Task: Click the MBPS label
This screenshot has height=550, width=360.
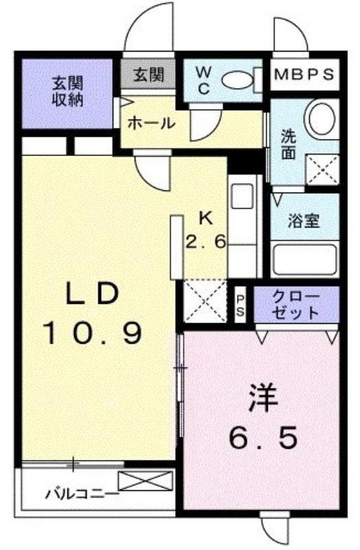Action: (304, 74)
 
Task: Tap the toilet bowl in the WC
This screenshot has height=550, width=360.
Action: (237, 80)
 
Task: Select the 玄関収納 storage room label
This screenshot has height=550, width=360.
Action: (67, 91)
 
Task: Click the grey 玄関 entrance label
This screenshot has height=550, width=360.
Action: (148, 75)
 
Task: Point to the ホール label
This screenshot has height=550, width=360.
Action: (151, 123)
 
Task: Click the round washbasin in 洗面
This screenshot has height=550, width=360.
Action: (322, 118)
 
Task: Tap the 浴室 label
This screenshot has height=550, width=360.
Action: (303, 221)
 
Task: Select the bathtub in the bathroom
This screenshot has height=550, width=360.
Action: (304, 259)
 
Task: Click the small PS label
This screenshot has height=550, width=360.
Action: (240, 305)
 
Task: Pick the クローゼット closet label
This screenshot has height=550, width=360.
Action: (296, 304)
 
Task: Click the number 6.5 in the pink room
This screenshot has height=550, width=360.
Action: (263, 437)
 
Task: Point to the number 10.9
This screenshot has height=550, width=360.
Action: (92, 333)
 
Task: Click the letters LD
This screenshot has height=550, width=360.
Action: (92, 295)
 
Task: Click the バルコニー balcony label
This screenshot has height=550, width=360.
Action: (82, 494)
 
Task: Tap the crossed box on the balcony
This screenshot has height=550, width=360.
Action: (146, 481)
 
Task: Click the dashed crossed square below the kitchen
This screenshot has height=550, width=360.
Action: (205, 300)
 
